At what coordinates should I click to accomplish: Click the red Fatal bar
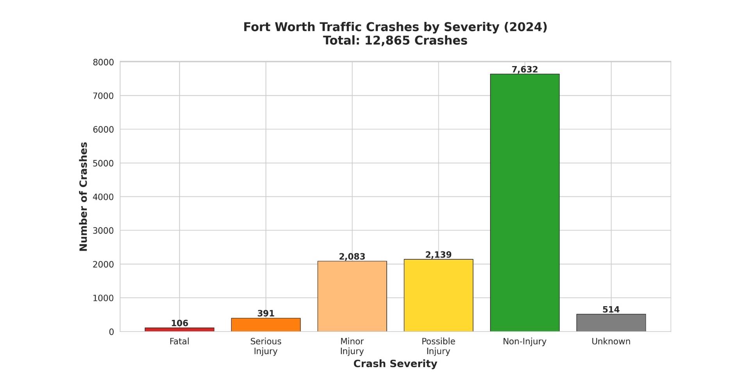(179, 330)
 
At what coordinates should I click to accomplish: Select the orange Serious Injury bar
(266, 325)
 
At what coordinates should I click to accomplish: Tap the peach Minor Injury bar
(352, 296)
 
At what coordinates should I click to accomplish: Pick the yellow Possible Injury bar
(438, 295)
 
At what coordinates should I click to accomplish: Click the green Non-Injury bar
(525, 203)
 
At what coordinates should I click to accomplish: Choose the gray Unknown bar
(611, 323)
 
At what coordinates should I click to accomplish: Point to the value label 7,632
(525, 70)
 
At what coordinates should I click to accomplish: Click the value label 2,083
(352, 257)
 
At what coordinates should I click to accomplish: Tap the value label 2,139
(438, 255)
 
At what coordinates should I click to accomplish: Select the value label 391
(266, 314)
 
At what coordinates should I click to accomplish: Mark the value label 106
(179, 323)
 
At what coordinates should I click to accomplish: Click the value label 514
(611, 310)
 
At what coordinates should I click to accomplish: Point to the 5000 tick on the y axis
(103, 163)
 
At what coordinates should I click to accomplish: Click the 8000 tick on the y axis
(103, 63)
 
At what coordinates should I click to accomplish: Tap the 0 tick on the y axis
(111, 332)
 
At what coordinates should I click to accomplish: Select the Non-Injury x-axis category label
(525, 341)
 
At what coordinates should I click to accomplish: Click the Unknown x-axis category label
(611, 341)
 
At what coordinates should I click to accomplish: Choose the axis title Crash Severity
(395, 364)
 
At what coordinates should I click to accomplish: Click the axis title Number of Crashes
(84, 196)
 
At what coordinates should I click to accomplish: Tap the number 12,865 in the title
(387, 41)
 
